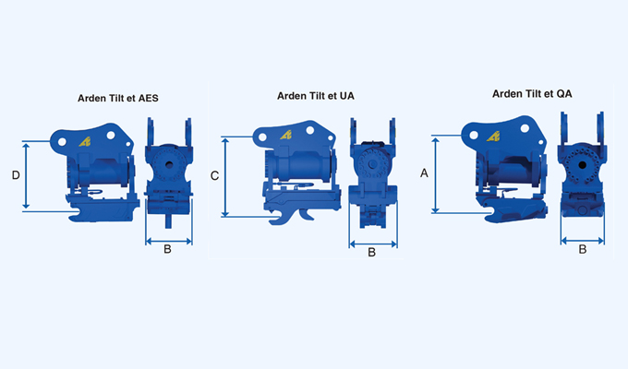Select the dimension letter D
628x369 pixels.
point(15,174)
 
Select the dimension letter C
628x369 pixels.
point(214,175)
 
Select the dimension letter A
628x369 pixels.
point(425,173)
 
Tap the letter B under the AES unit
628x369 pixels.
point(167,249)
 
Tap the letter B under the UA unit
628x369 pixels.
point(371,252)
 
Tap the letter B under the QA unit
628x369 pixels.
point(582,248)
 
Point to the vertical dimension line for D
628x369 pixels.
point(28,175)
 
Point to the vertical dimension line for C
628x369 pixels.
point(227,176)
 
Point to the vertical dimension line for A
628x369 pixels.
point(437,174)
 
